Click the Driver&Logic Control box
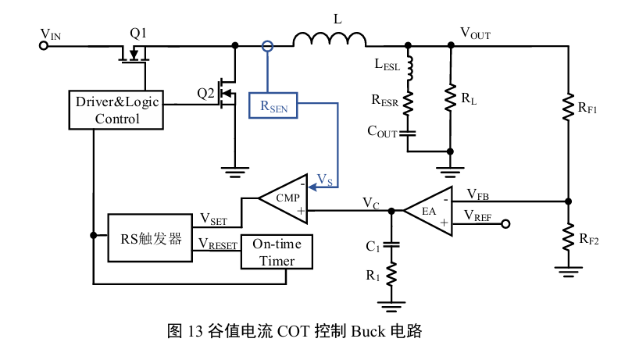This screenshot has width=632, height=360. tap(117, 110)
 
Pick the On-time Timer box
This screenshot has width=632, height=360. tap(277, 251)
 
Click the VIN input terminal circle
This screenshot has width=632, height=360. tap(44, 45)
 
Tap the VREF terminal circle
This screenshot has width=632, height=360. tap(505, 224)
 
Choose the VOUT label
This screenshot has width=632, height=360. tap(476, 33)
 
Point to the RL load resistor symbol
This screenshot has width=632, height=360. tap(451, 98)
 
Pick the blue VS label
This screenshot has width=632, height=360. tap(325, 181)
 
